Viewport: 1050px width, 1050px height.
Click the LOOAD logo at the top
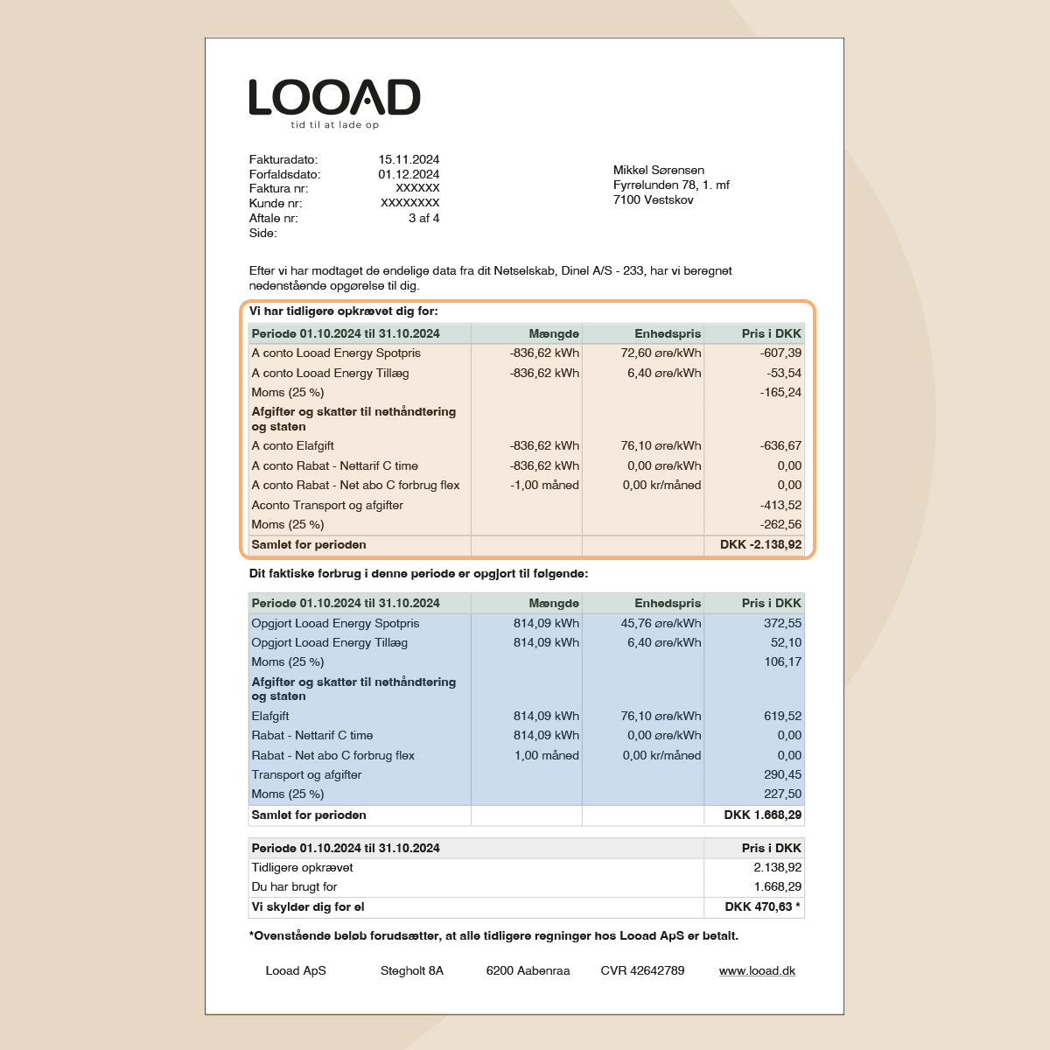click(x=334, y=98)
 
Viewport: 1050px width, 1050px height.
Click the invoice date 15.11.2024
click(x=409, y=159)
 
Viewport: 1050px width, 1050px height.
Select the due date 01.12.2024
click(x=409, y=174)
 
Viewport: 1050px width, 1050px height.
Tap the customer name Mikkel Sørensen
click(x=658, y=170)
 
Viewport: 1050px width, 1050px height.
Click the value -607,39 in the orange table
click(x=780, y=353)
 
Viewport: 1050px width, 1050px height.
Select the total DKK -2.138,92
click(x=760, y=544)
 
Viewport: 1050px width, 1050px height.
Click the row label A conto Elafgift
click(x=292, y=445)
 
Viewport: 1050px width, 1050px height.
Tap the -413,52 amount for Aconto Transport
click(x=780, y=505)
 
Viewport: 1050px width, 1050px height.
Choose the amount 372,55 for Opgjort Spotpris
click(x=782, y=623)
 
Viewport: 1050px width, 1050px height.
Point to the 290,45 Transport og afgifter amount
click(x=782, y=774)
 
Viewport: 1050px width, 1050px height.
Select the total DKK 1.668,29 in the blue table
click(x=762, y=815)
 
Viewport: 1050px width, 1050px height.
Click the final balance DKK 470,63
click(x=759, y=906)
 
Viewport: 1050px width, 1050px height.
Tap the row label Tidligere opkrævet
click(x=302, y=867)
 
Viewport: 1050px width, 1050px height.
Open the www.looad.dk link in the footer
click(x=757, y=970)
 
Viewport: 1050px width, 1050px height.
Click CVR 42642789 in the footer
click(x=642, y=970)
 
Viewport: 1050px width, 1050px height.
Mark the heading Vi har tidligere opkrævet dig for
click(x=344, y=311)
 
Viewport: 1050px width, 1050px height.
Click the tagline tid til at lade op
click(x=334, y=125)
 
